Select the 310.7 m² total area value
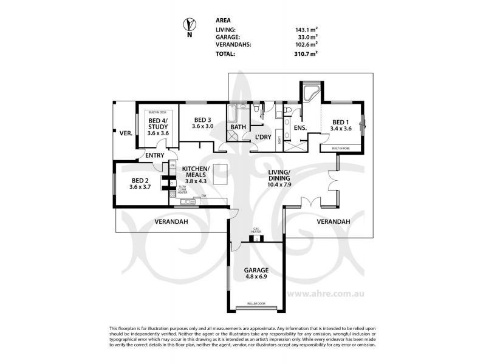[306, 53]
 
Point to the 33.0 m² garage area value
[306, 36]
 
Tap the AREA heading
[223, 19]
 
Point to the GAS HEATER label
[256, 231]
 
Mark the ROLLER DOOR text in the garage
[256, 303]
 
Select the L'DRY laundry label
[262, 137]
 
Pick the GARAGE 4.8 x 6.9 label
[256, 272]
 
